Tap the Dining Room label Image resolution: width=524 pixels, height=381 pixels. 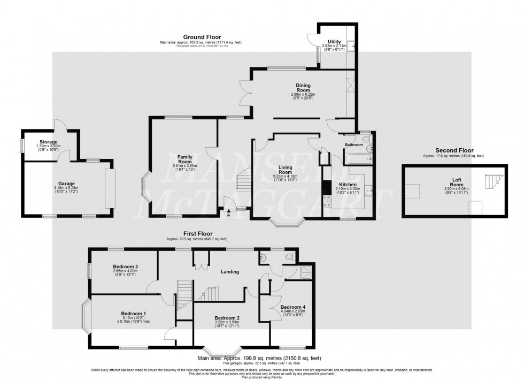tap(304, 88)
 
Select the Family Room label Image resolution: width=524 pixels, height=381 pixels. tap(184, 159)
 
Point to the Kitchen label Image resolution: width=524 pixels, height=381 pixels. tap(348, 185)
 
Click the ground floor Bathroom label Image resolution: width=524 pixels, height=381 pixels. tap(353, 144)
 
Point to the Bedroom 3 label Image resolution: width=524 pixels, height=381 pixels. tap(126, 266)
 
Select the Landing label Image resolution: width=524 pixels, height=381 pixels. tap(230, 271)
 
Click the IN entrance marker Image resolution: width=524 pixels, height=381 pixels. tap(228, 215)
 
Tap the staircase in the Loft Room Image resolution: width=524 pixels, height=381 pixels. tap(490, 182)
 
